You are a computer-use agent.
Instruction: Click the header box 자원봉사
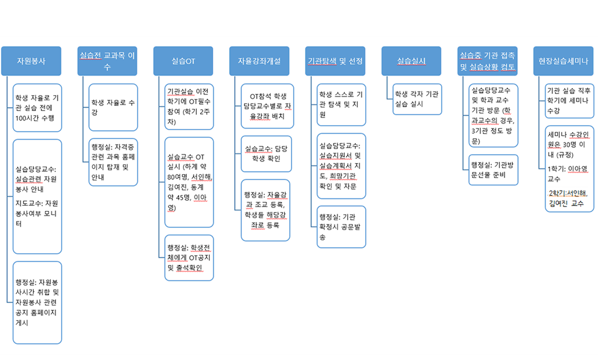tap(31, 61)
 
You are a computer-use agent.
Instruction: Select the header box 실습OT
tap(183, 61)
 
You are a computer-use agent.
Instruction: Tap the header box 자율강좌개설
tap(259, 61)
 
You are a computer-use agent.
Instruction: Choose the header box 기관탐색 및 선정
tap(335, 61)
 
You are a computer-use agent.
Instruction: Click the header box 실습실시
tap(411, 61)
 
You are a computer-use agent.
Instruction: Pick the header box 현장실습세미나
tap(563, 61)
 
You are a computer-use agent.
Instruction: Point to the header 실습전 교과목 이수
tap(107, 61)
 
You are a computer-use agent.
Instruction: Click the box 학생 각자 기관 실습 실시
tap(417, 99)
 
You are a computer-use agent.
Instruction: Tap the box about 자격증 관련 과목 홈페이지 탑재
tap(113, 162)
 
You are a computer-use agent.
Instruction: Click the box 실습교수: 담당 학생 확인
tap(265, 154)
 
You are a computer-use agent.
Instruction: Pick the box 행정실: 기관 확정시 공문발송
tap(341, 226)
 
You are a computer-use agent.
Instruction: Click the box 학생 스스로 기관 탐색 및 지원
tap(341, 104)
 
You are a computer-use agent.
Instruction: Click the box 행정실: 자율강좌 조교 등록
tap(265, 209)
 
